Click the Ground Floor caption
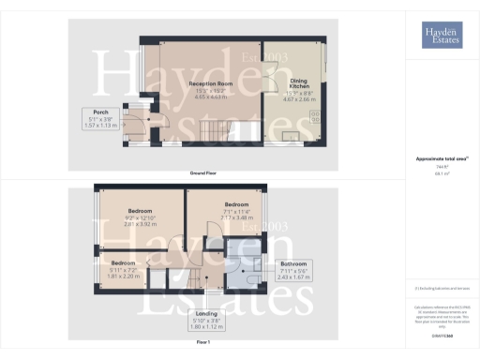203,173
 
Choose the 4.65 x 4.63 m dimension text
203,96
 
